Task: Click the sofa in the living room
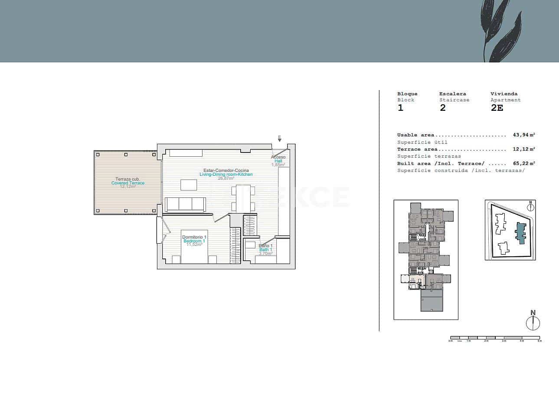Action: [185, 204]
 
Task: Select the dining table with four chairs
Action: [240, 199]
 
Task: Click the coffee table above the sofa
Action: [188, 185]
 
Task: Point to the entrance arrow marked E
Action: [280, 139]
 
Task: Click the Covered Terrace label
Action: [128, 183]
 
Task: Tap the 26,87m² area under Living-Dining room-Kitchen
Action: [226, 178]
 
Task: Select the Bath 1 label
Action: [265, 250]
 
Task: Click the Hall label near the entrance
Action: [278, 161]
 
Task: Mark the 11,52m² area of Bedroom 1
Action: [195, 245]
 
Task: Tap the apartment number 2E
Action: [497, 108]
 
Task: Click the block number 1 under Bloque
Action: [400, 108]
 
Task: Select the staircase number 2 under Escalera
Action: [442, 108]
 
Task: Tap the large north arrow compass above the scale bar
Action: [533, 323]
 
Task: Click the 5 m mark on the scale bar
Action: [539, 341]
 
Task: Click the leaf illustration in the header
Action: [502, 31]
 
